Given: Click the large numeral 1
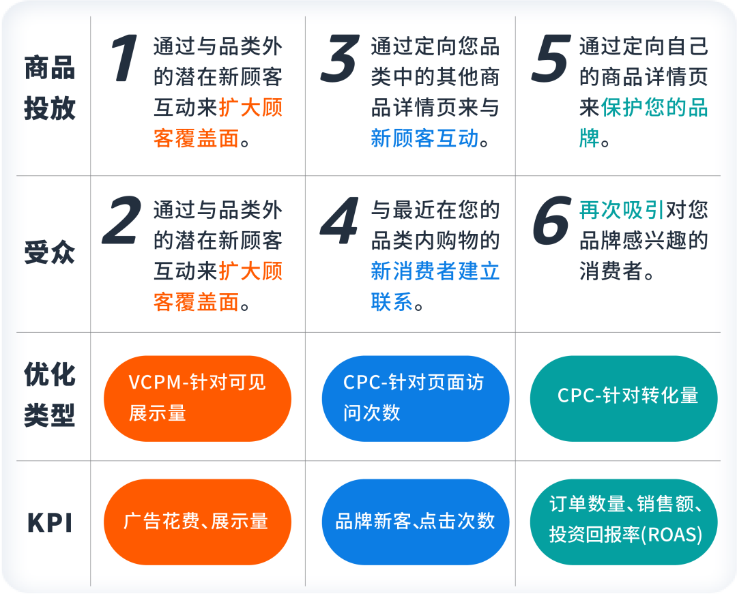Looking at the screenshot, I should [x=125, y=59].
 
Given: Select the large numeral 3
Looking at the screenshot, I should [x=340, y=59].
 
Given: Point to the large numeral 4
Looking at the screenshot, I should [x=339, y=221].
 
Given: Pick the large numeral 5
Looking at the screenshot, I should [x=549, y=59].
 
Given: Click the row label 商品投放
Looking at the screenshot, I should [x=50, y=89].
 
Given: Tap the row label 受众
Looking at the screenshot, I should [x=50, y=253].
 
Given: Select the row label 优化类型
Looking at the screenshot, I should [x=50, y=395].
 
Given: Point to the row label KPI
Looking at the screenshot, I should [x=50, y=523].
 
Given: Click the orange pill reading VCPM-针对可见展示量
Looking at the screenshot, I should [x=197, y=398].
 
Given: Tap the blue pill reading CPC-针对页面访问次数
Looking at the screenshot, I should [x=416, y=398].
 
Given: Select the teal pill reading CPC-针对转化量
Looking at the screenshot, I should [x=624, y=398].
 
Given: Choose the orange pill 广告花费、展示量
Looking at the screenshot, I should [x=197, y=522].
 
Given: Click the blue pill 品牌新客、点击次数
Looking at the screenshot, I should [x=416, y=522].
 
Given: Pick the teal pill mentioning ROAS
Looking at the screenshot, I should [x=624, y=522].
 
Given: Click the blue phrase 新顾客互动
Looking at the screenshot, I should [x=424, y=138].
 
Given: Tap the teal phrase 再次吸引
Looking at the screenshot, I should [x=622, y=209].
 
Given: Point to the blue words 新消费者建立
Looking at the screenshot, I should [x=435, y=271].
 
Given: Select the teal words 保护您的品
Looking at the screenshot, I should [x=654, y=108].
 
